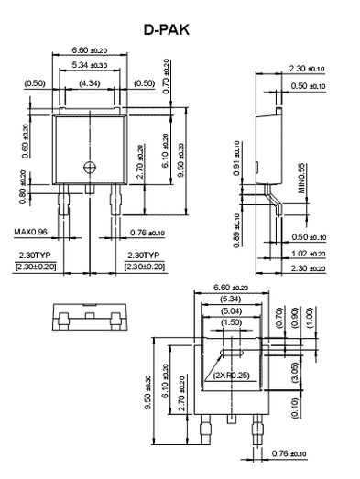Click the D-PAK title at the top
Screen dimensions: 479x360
coord(169,29)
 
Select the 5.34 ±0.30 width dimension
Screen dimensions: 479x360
coord(90,65)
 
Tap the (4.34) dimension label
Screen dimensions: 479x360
coord(90,83)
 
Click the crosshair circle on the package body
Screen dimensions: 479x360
coord(89,166)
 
